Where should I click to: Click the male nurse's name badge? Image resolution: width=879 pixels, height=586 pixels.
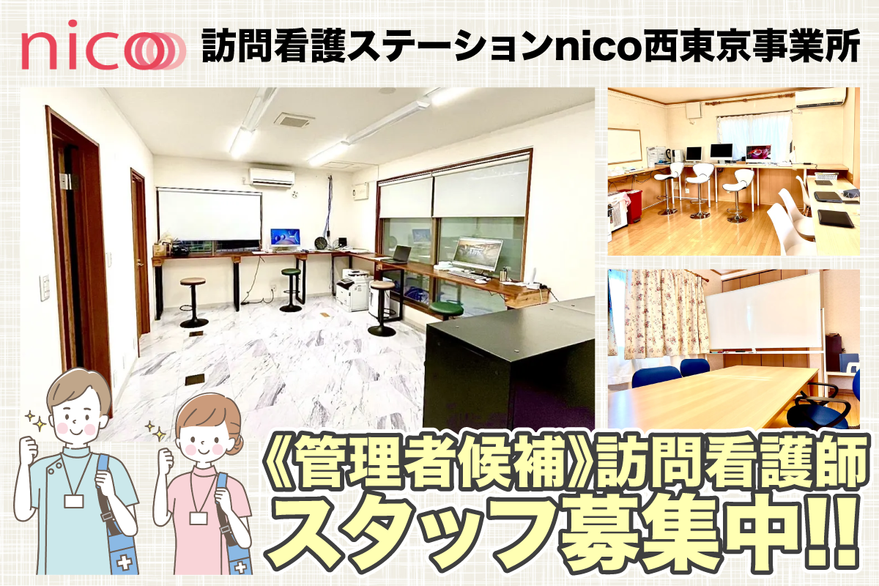(74, 501)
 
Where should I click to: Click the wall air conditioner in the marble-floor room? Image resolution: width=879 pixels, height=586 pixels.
(272, 177)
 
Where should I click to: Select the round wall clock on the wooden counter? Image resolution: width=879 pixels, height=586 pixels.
(321, 243)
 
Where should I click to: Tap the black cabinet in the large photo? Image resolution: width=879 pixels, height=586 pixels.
(509, 365)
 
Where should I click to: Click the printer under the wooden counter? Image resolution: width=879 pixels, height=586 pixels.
(354, 289)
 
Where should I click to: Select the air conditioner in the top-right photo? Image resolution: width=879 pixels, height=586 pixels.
(821, 97)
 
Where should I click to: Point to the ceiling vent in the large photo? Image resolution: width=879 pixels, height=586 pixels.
(294, 120)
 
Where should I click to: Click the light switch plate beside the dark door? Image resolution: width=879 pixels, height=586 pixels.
(45, 288)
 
